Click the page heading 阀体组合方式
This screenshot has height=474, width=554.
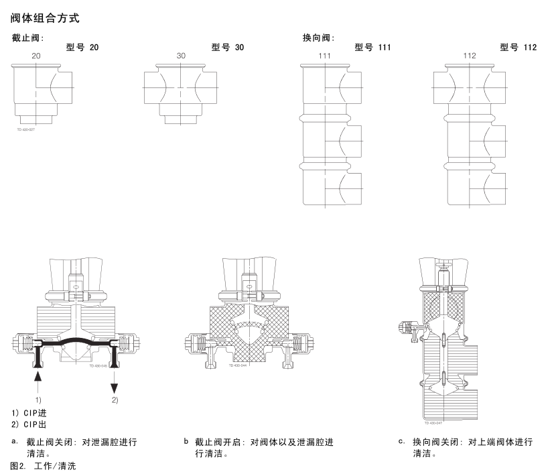click(x=46, y=15)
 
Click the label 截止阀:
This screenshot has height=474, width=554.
click(x=28, y=38)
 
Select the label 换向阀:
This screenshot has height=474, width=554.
click(x=318, y=38)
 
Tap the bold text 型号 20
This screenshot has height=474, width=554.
click(x=82, y=48)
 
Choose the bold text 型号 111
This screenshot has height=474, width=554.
click(x=373, y=48)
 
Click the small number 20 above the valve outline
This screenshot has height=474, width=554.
click(x=36, y=56)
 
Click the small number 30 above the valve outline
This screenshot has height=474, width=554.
click(x=181, y=56)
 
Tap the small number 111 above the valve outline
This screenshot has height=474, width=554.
click(x=325, y=56)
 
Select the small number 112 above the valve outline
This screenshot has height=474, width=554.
click(x=470, y=56)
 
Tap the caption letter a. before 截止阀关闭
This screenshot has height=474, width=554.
click(x=15, y=441)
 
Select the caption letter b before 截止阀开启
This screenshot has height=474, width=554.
click(x=186, y=441)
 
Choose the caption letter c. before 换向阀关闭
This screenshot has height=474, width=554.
click(x=401, y=441)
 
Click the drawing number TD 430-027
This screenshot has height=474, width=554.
click(x=26, y=129)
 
